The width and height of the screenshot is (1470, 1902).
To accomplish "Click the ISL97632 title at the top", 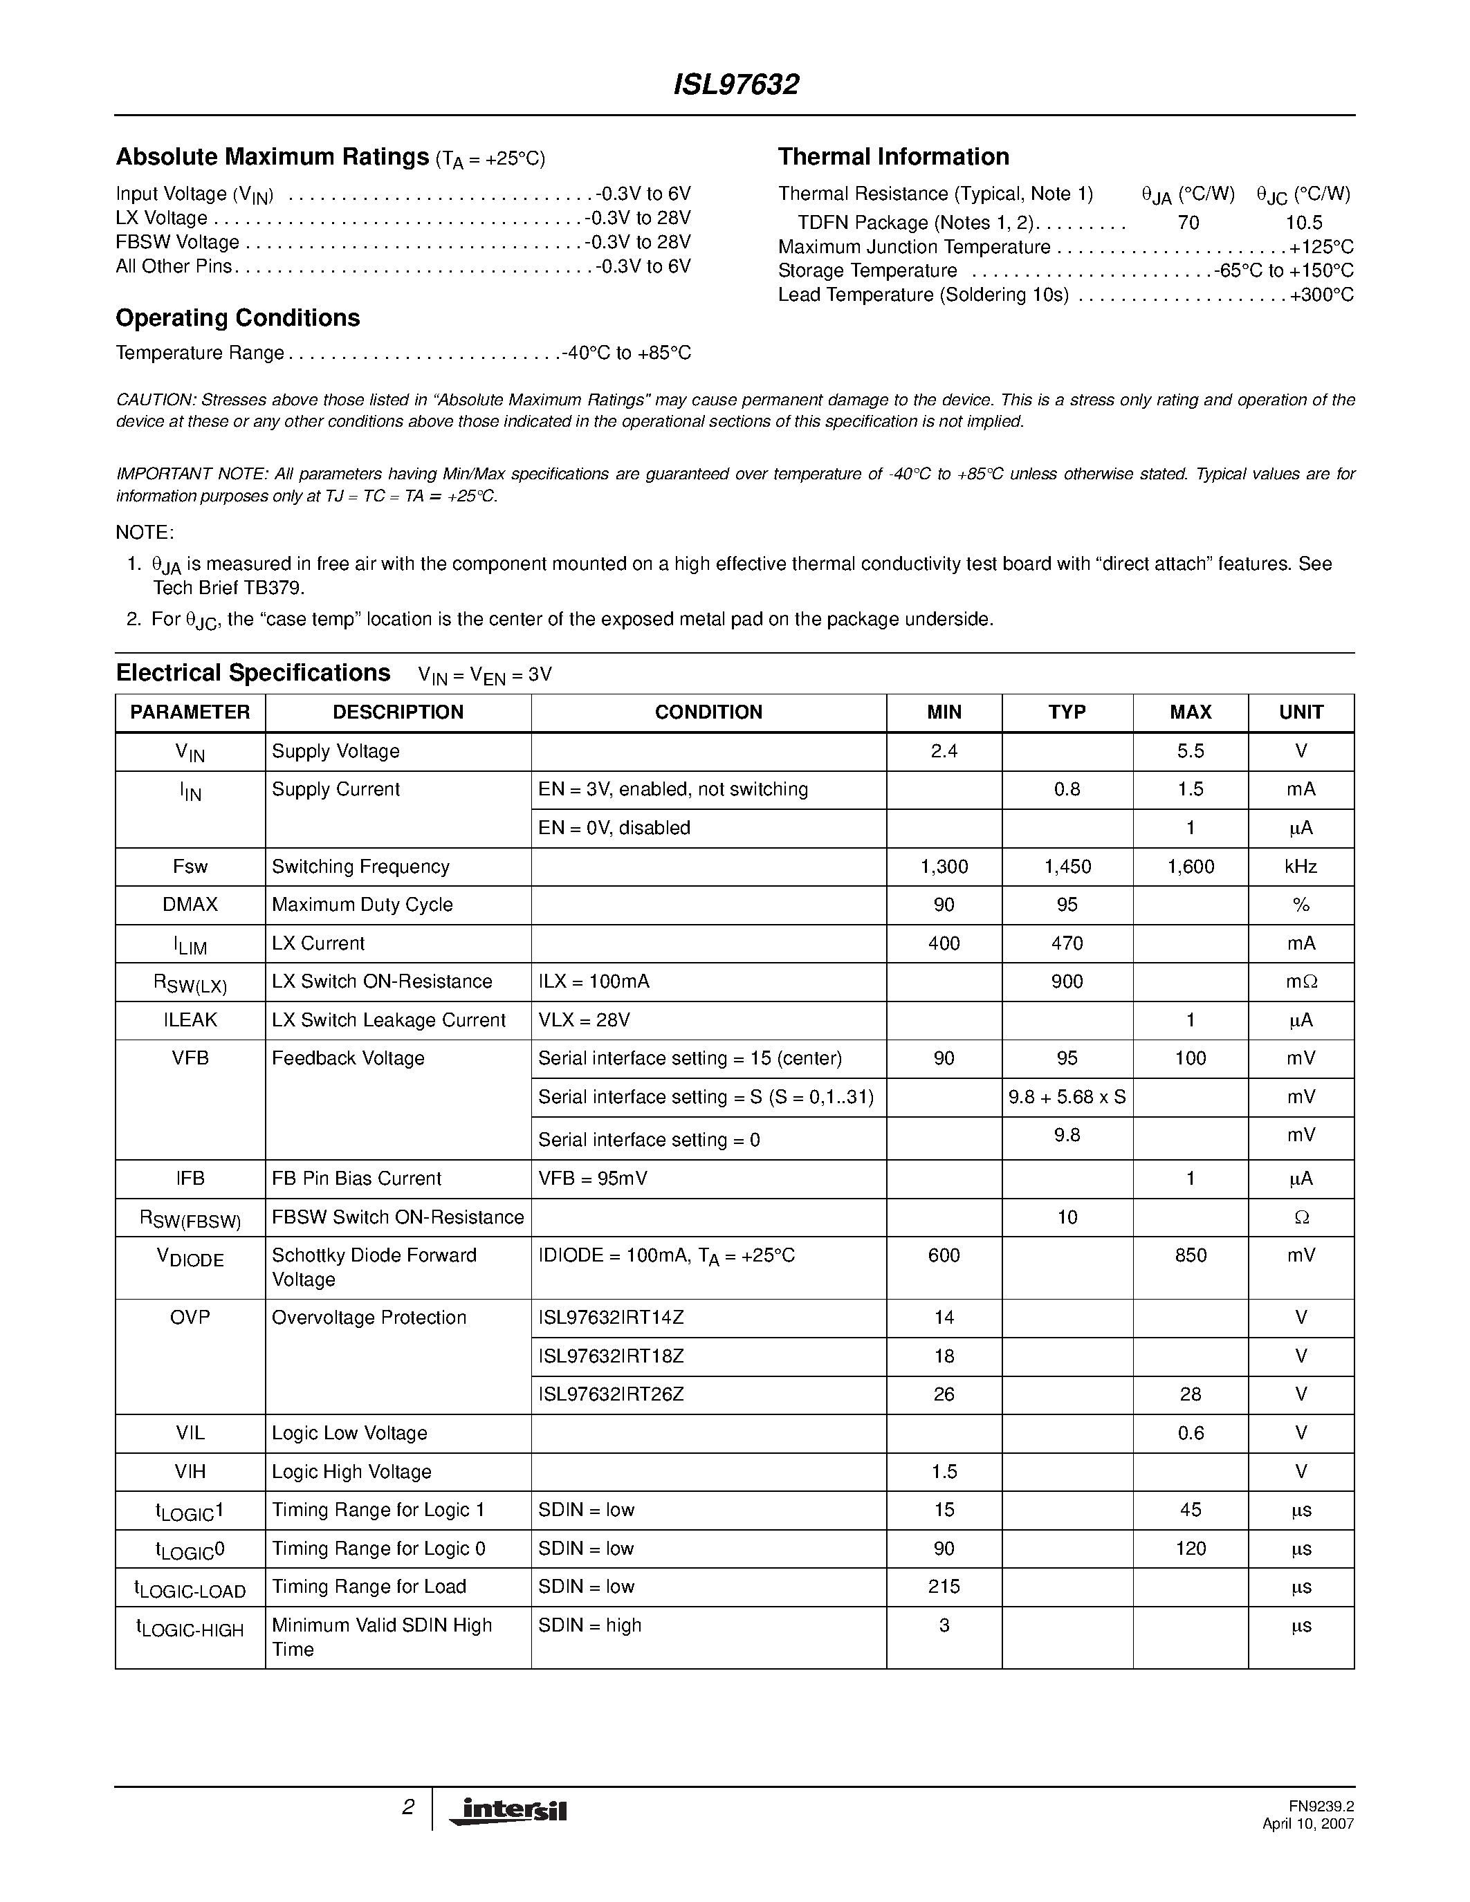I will [736, 84].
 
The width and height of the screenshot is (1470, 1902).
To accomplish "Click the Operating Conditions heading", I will [238, 318].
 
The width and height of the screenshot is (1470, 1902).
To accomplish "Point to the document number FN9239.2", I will [1321, 1807].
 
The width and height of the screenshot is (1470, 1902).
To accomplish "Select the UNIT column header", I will [1301, 712].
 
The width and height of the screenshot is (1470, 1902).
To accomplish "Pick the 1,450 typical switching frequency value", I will [1067, 867].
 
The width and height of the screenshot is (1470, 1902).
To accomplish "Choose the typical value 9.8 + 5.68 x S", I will [1067, 1096].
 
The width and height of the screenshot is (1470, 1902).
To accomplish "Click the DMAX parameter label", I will [190, 905].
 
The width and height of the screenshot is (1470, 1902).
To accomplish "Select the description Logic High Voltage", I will [351, 1472].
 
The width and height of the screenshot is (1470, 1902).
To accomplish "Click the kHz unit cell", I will [1301, 867].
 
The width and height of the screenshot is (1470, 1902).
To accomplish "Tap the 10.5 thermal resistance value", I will [1304, 223].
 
